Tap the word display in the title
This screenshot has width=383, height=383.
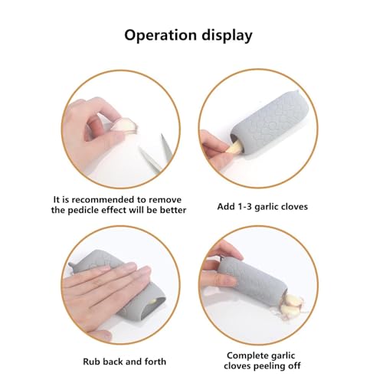tap(229, 35)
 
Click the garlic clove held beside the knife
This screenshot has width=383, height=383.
tap(127, 126)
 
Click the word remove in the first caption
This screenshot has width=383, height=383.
tap(166, 197)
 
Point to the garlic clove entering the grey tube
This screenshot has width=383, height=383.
tap(231, 146)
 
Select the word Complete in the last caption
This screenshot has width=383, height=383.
tap(247, 355)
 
